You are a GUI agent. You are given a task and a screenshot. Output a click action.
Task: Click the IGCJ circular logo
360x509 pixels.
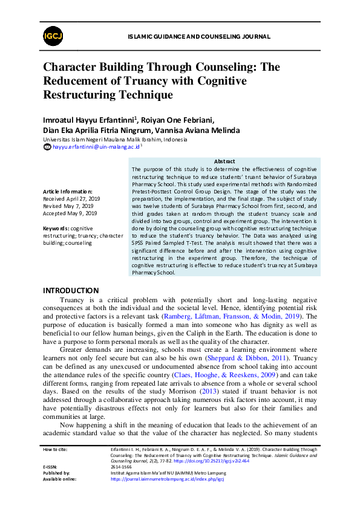click(51, 37)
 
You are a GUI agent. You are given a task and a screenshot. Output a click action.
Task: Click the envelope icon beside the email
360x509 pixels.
click(48, 147)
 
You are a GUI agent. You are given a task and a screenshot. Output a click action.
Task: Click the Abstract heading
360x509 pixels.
click(224, 161)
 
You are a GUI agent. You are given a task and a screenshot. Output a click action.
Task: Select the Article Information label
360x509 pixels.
click(68, 191)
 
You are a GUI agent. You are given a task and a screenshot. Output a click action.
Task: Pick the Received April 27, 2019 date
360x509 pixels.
click(70, 198)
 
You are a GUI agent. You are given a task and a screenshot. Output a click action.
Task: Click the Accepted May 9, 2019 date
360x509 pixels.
click(70, 213)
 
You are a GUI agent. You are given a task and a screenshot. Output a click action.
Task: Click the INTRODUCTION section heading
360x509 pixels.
click(71, 291)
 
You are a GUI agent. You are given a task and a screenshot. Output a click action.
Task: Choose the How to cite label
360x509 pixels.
click(55, 450)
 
